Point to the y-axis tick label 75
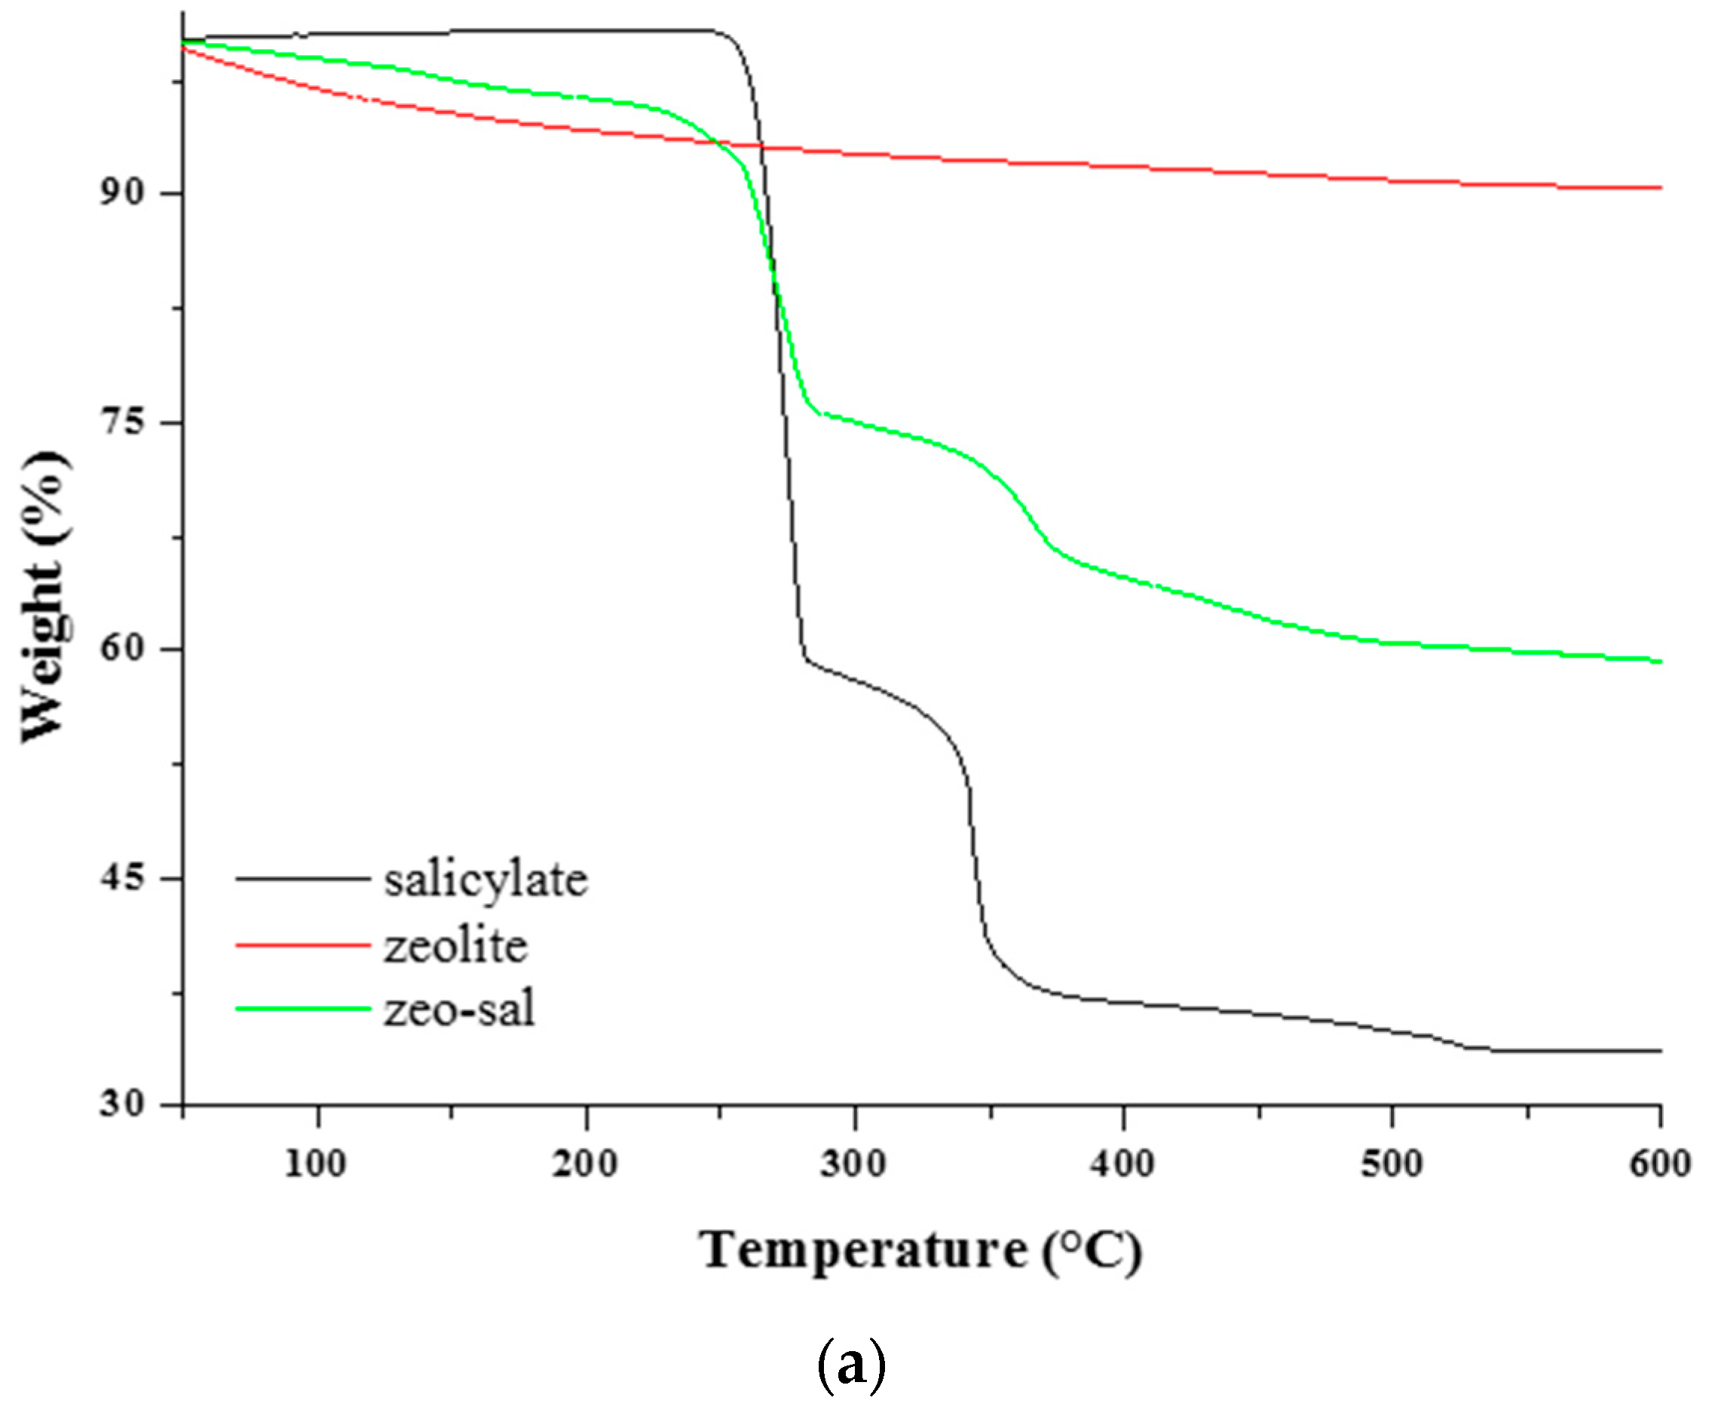(x=121, y=422)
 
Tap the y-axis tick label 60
(x=121, y=649)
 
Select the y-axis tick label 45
(x=121, y=878)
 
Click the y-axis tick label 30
(x=121, y=1104)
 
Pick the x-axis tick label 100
(x=316, y=1164)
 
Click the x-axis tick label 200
(x=584, y=1164)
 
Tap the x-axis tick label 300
(x=853, y=1164)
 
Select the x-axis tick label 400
(x=1122, y=1164)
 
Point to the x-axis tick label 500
(x=1391, y=1164)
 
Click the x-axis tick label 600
(x=1660, y=1164)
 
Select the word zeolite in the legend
(x=456, y=946)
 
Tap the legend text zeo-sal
(x=459, y=1009)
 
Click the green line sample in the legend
(x=303, y=1009)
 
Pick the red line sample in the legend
(x=303, y=945)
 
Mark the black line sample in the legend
(x=303, y=879)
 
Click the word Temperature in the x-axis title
(x=863, y=1252)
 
